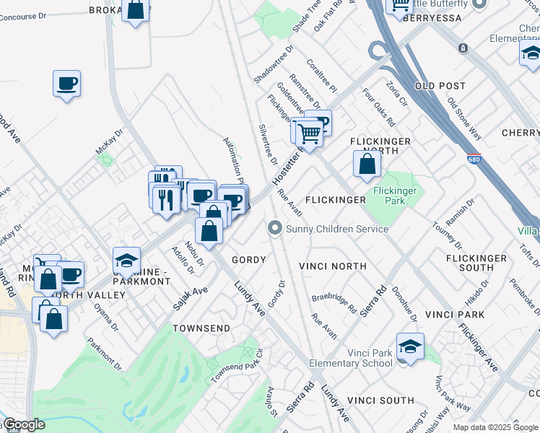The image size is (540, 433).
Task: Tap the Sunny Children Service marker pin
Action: pyautogui.click(x=274, y=228)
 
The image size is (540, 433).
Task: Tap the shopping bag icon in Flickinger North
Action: pyautogui.click(x=367, y=164)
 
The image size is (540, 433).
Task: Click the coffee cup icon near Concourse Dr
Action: pyautogui.click(x=67, y=84)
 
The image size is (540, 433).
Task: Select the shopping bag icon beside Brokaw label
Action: pyautogui.click(x=135, y=10)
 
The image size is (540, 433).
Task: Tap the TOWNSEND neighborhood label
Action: pyautogui.click(x=201, y=328)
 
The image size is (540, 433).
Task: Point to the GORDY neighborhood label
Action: pyautogui.click(x=249, y=260)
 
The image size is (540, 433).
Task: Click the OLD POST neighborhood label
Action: pyautogui.click(x=440, y=86)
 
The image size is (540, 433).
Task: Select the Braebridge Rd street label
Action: pyautogui.click(x=334, y=302)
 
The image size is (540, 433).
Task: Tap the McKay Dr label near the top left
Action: pyautogui.click(x=110, y=140)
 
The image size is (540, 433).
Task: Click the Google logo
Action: pyautogui.click(x=24, y=424)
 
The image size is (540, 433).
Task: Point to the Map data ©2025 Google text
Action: pyautogui.click(x=495, y=427)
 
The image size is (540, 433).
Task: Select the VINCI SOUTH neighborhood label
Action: pyautogui.click(x=380, y=401)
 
